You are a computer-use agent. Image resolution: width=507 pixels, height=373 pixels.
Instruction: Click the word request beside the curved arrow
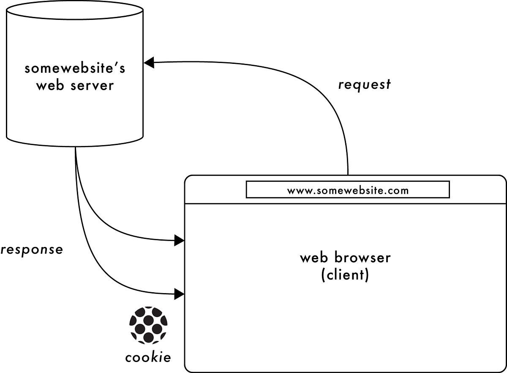pos(364,85)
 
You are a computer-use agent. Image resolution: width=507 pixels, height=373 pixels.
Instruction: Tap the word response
pos(32,250)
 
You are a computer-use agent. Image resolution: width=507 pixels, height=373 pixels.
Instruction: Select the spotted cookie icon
pos(148,325)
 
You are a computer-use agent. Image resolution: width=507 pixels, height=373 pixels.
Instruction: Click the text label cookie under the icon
pos(148,357)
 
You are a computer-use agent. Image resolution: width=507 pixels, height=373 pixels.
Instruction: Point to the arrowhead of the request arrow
pos(149,63)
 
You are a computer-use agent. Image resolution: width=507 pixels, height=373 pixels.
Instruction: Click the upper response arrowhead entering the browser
pos(179,241)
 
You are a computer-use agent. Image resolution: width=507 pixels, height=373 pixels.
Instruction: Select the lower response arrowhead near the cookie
pos(179,293)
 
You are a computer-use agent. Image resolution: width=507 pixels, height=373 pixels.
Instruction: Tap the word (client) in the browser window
pos(345,275)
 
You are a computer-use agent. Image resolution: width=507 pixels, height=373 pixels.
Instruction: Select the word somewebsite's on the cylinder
pos(75,68)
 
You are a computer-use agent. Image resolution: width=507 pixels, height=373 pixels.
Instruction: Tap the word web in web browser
pos(314,257)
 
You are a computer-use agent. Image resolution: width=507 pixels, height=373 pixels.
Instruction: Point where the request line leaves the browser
pos(348,174)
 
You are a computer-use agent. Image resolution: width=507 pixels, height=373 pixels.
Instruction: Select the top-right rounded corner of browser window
pos(501,181)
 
